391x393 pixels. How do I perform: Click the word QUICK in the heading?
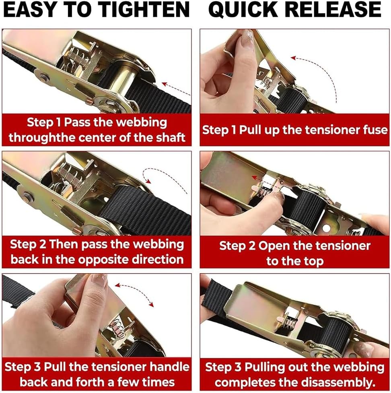click(x=243, y=10)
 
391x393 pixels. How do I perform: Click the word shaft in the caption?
click(x=171, y=137)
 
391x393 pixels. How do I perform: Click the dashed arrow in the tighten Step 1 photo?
click(x=176, y=88)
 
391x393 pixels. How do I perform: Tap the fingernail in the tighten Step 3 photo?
click(x=100, y=280)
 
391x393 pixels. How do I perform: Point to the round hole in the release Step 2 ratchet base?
click(x=326, y=228)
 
